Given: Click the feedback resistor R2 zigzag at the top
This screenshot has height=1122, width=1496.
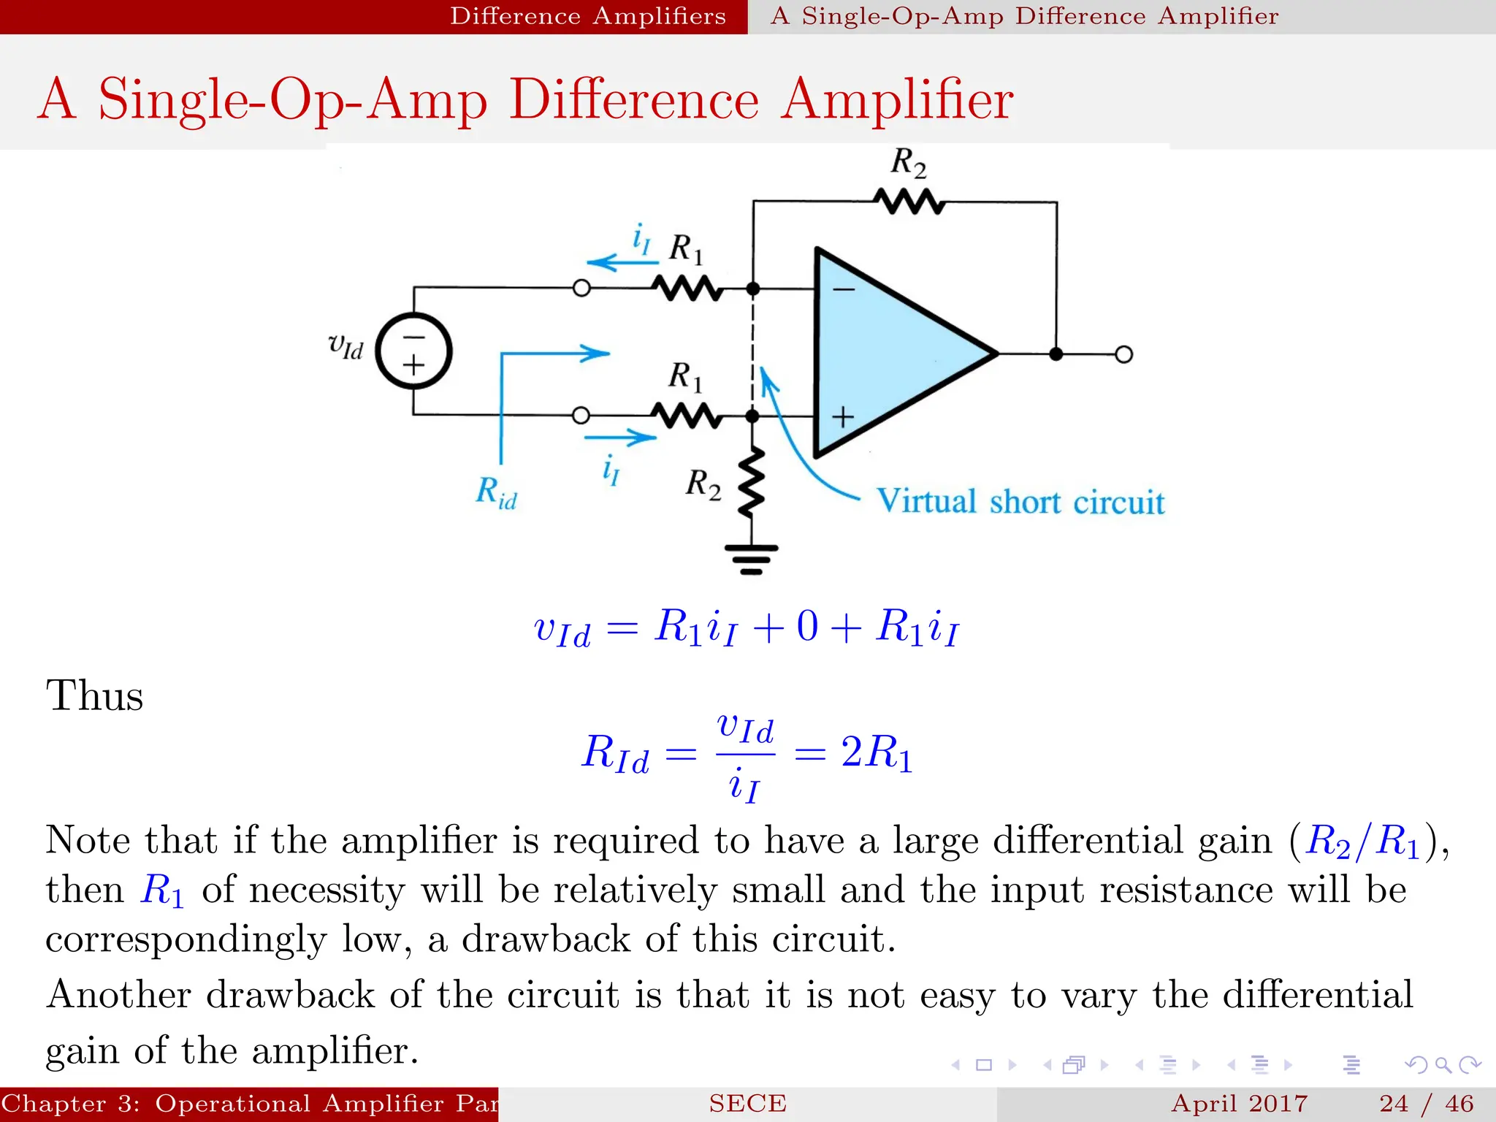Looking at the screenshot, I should click(x=909, y=201).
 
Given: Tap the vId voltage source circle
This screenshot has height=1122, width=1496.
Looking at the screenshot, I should click(x=413, y=351).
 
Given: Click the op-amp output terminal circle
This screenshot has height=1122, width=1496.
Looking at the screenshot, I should click(x=1124, y=354).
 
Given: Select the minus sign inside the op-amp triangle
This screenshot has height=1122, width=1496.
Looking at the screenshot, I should click(x=844, y=290).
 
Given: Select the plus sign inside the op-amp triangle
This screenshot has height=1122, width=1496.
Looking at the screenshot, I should click(x=843, y=416).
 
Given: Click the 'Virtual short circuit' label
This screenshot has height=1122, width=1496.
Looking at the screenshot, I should click(x=1020, y=502).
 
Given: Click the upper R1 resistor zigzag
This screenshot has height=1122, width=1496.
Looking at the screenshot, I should click(x=687, y=289).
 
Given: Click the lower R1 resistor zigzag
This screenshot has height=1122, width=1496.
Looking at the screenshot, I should click(x=687, y=416).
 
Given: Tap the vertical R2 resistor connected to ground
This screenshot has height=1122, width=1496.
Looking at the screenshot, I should click(x=752, y=482).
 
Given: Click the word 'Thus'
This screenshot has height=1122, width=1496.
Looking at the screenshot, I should click(x=94, y=695).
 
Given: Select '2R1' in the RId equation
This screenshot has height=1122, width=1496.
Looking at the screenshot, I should click(x=877, y=752).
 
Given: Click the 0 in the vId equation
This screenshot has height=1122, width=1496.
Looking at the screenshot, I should click(x=806, y=627).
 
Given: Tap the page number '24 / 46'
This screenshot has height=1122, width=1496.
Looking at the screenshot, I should click(x=1426, y=1103).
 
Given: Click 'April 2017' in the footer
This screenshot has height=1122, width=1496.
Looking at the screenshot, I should click(x=1239, y=1103).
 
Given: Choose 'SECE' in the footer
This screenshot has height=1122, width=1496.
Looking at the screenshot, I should click(x=747, y=1103).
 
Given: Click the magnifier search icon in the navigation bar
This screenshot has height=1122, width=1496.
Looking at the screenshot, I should click(x=1443, y=1065).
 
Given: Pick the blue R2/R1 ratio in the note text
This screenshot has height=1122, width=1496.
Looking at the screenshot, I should click(x=1362, y=841).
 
